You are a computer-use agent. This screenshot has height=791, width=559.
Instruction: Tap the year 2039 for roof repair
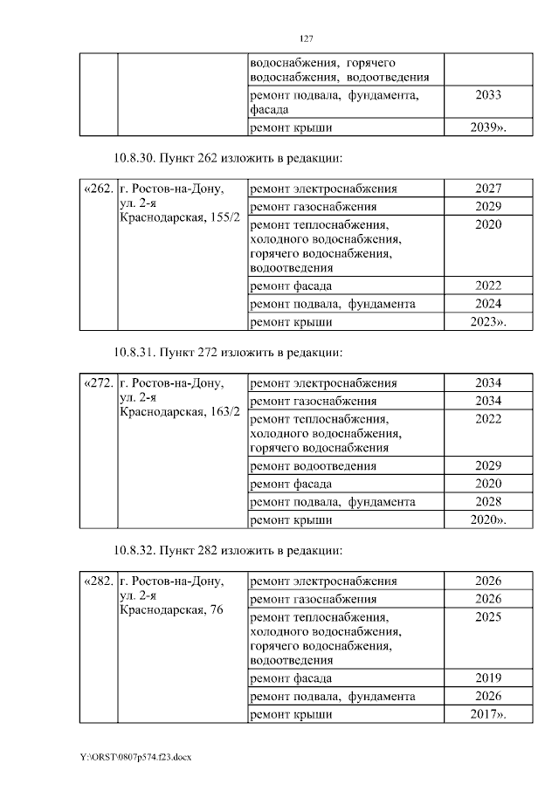[x=488, y=128]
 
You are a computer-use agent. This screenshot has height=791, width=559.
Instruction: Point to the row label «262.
[x=98, y=189]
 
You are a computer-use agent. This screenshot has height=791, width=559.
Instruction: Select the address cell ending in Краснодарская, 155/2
[x=179, y=203]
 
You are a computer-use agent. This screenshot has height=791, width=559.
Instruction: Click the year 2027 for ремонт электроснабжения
[x=488, y=189]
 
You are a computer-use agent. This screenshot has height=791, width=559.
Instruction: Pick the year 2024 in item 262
[x=488, y=304]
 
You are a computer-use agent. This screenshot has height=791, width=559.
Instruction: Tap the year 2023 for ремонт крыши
[x=488, y=322]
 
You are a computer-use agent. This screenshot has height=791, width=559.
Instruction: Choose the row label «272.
[x=98, y=383]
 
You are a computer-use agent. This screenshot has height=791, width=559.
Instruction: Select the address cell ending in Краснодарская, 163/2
[x=179, y=397]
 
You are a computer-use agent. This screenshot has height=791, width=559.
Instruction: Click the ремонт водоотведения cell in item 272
[x=314, y=465]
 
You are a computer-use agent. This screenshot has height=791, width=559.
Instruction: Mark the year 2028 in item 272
[x=488, y=502]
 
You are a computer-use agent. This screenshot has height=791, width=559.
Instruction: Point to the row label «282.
[x=98, y=581]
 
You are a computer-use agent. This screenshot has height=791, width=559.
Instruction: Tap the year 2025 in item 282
[x=488, y=617]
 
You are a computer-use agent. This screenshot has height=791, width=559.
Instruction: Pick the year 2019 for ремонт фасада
[x=488, y=678]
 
